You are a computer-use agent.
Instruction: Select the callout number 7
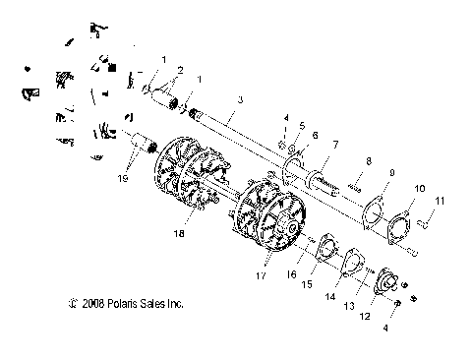click(336, 145)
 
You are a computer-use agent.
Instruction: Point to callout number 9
click(390, 173)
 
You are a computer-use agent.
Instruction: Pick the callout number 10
click(420, 188)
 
